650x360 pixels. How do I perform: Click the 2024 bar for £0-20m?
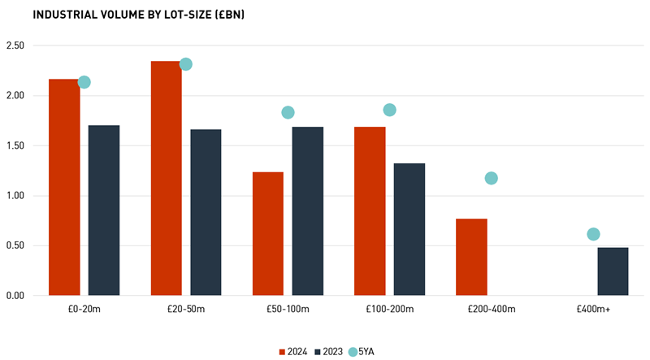pyautogui.click(x=64, y=187)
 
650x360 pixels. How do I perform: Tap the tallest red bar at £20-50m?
pyautogui.click(x=166, y=178)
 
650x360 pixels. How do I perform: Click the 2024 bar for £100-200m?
pyautogui.click(x=370, y=210)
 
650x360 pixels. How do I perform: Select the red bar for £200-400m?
pyautogui.click(x=471, y=257)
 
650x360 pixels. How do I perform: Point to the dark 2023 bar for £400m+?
pyautogui.click(x=613, y=271)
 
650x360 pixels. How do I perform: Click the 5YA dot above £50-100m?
pyautogui.click(x=288, y=113)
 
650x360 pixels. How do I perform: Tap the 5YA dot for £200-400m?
pyautogui.click(x=491, y=178)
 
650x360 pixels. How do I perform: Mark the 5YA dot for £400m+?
pyautogui.click(x=593, y=234)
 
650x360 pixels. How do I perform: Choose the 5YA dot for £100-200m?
pyautogui.click(x=389, y=110)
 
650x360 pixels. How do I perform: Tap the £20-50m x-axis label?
pyautogui.click(x=186, y=310)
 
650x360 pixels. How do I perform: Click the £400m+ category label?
pyautogui.click(x=593, y=310)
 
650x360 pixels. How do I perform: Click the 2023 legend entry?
pyautogui.click(x=328, y=352)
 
